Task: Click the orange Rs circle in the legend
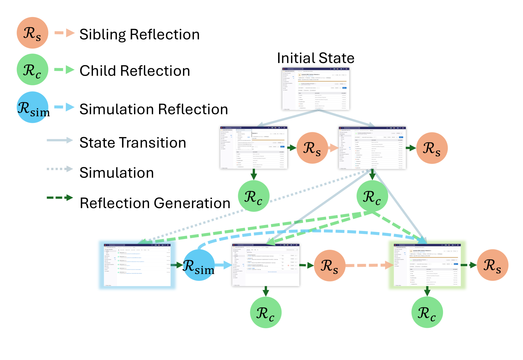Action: tap(32, 33)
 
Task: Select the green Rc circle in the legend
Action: tap(32, 70)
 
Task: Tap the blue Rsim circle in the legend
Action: tap(32, 107)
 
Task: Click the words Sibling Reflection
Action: tap(139, 34)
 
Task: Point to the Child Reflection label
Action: tap(135, 71)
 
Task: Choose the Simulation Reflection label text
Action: tap(154, 109)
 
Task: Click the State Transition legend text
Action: tap(133, 143)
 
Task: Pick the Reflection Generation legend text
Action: tap(155, 203)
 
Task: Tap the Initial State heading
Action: tap(316, 58)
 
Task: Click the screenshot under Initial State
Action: tap(316, 89)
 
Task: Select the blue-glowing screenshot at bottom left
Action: tap(137, 265)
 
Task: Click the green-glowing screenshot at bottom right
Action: tap(427, 265)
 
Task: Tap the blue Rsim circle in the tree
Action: tap(199, 265)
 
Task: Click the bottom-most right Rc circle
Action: tap(427, 312)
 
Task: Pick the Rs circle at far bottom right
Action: tap(492, 265)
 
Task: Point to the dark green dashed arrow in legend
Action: tap(60, 198)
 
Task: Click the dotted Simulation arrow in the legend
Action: tap(60, 169)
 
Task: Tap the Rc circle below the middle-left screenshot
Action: tap(254, 196)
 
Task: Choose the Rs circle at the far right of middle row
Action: tap(432, 148)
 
